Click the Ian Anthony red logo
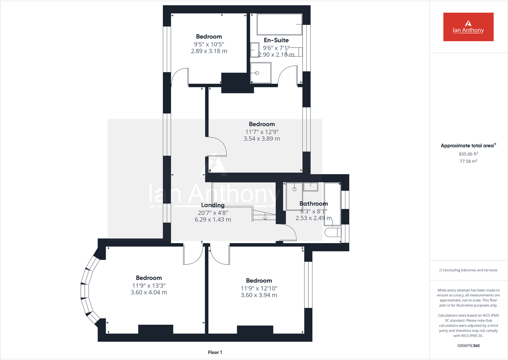(x=468, y=27)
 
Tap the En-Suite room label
(x=276, y=40)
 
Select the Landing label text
(x=213, y=205)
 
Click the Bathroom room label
(x=313, y=204)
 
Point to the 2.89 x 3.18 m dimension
(x=209, y=51)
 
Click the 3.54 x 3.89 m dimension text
(x=262, y=139)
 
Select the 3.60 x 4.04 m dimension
(x=149, y=292)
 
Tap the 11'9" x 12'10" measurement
(x=259, y=288)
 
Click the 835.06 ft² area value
(x=468, y=154)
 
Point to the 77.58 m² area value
(x=468, y=161)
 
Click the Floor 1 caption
(x=215, y=352)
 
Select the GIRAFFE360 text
(x=468, y=346)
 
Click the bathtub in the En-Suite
(x=279, y=24)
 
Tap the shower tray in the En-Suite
(x=261, y=73)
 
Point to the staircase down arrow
(x=265, y=218)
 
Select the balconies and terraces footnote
(x=468, y=270)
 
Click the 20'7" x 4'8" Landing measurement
(x=213, y=213)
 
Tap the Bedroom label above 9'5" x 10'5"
(x=209, y=37)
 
